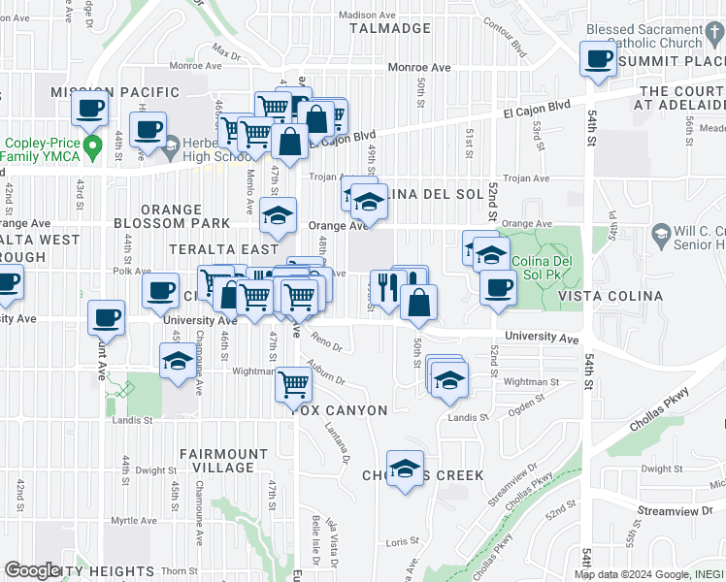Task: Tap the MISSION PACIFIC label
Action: click(x=115, y=92)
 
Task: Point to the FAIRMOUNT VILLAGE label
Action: click(x=223, y=460)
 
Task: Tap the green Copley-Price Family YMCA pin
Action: click(x=93, y=148)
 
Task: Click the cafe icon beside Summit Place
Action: click(x=599, y=59)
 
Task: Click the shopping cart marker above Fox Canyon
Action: click(x=293, y=384)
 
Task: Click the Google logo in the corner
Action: click(x=32, y=570)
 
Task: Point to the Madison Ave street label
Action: click(x=370, y=16)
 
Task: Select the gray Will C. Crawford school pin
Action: click(x=661, y=233)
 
